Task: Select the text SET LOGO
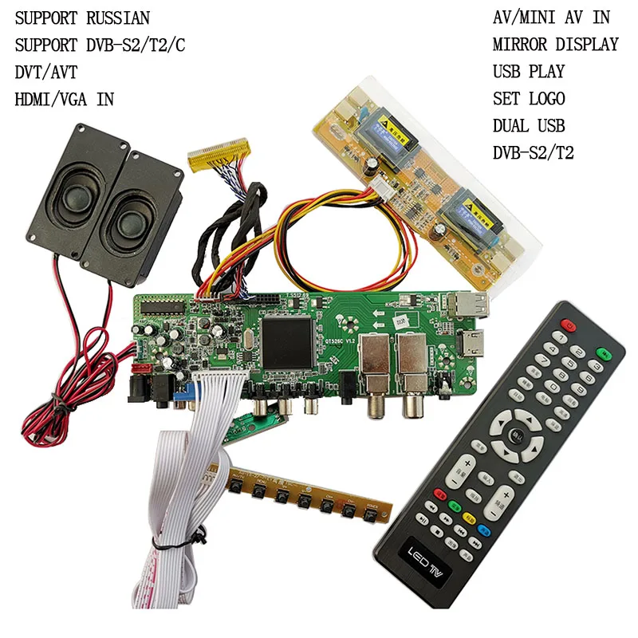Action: [x=528, y=99]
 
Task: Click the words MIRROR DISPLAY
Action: [x=555, y=45]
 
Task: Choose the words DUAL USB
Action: [x=528, y=126]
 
